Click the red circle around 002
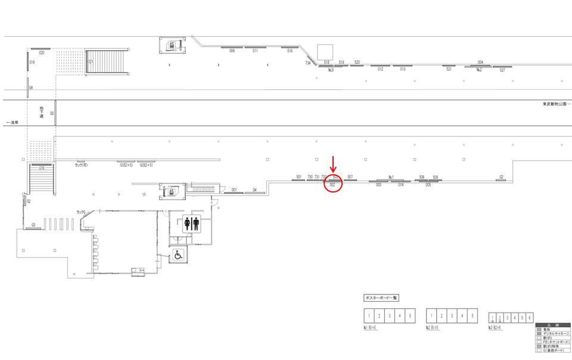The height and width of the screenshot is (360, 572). tap(333, 185)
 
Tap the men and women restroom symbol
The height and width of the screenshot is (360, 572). tap(192, 224)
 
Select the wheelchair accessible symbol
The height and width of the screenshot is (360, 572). tap(178, 255)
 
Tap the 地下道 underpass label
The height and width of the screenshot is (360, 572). tap(42, 112)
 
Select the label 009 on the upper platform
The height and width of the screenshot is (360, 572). tap(232, 51)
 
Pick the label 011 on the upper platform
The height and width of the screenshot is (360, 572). tap(255, 51)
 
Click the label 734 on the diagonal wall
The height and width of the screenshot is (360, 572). tap(308, 63)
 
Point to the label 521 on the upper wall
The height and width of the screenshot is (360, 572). tap(449, 69)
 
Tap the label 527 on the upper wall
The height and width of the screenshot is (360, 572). tap(502, 70)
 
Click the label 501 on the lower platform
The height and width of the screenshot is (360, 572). tap(299, 176)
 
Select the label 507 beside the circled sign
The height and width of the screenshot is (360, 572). tap(350, 176)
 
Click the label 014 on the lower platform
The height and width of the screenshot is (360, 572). tap(401, 185)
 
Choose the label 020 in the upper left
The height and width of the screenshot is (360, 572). tap(42, 53)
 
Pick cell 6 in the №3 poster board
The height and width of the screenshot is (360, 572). tap(530, 318)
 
